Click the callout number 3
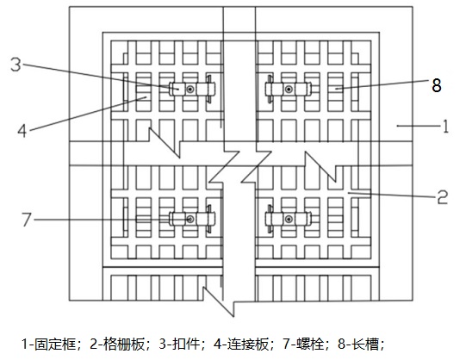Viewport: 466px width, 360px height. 16,65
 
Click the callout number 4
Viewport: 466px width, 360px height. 22,131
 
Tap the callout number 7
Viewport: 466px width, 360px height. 26,220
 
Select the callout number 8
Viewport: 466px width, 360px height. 436,85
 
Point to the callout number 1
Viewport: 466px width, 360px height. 445,127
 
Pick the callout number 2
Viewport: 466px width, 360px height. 442,197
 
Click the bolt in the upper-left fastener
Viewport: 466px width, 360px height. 190,89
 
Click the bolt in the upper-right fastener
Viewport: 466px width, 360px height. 289,89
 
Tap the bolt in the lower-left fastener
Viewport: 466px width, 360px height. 190,220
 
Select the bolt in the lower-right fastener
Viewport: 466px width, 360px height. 289,220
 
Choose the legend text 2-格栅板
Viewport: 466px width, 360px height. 117,344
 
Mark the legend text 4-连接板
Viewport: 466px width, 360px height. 241,344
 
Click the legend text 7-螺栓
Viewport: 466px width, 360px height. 303,344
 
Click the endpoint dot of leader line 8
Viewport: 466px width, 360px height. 336,88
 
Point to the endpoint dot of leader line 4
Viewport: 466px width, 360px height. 146,97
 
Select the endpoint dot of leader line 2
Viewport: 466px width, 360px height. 349,193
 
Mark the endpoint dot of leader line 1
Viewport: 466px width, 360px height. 397,126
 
